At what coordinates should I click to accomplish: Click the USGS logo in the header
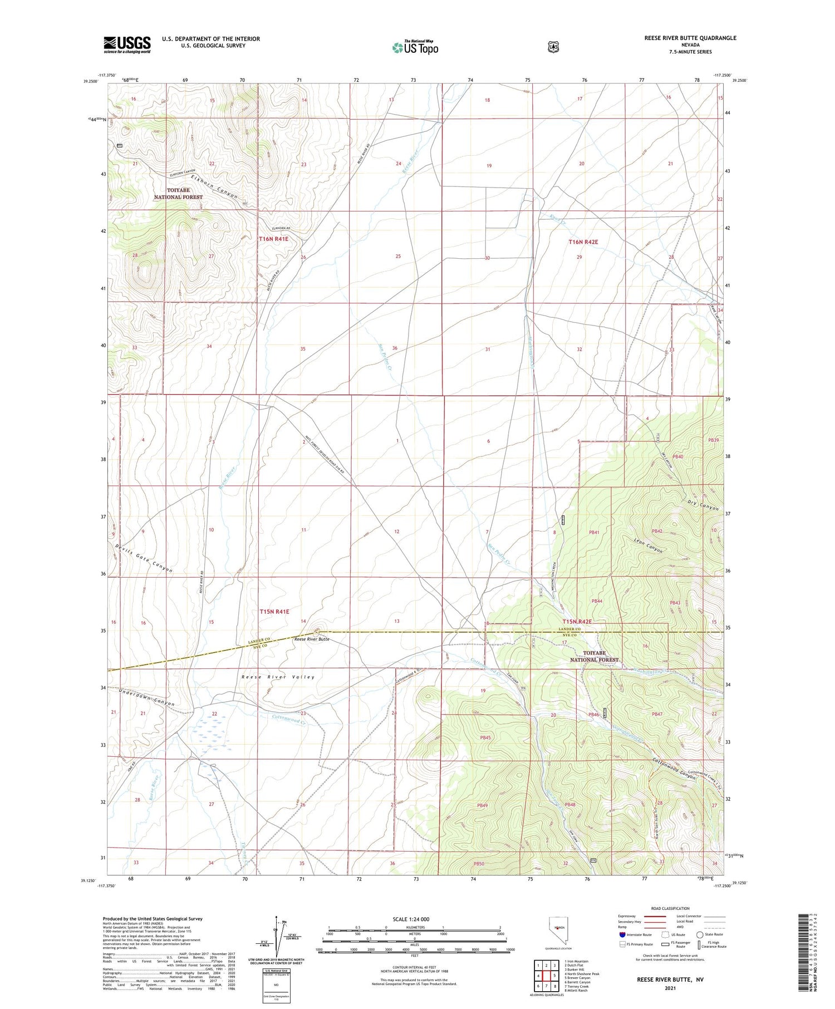127,45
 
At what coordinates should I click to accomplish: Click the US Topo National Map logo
415,47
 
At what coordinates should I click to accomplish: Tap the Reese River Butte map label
312,639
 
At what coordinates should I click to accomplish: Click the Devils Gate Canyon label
144,558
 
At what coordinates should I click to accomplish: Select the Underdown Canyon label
147,697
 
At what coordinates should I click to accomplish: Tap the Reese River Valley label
278,677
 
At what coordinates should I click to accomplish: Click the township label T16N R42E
583,242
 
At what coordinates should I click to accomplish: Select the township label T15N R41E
274,611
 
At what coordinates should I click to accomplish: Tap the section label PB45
485,738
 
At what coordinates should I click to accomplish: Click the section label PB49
482,805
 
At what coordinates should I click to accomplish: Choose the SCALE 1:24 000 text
411,919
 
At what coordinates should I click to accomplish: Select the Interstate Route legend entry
638,934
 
